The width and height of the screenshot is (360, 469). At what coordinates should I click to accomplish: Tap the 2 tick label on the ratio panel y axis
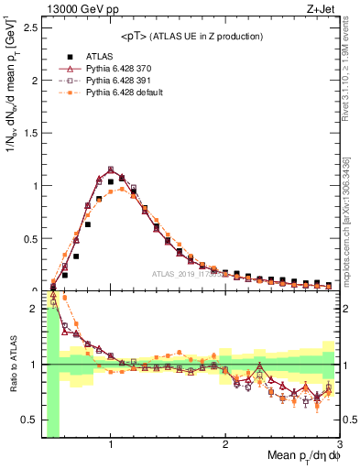pos(35,309)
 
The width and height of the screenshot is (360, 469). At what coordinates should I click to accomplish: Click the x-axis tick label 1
pos(111,445)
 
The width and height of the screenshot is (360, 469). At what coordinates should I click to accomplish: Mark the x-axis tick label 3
pos(339,445)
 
